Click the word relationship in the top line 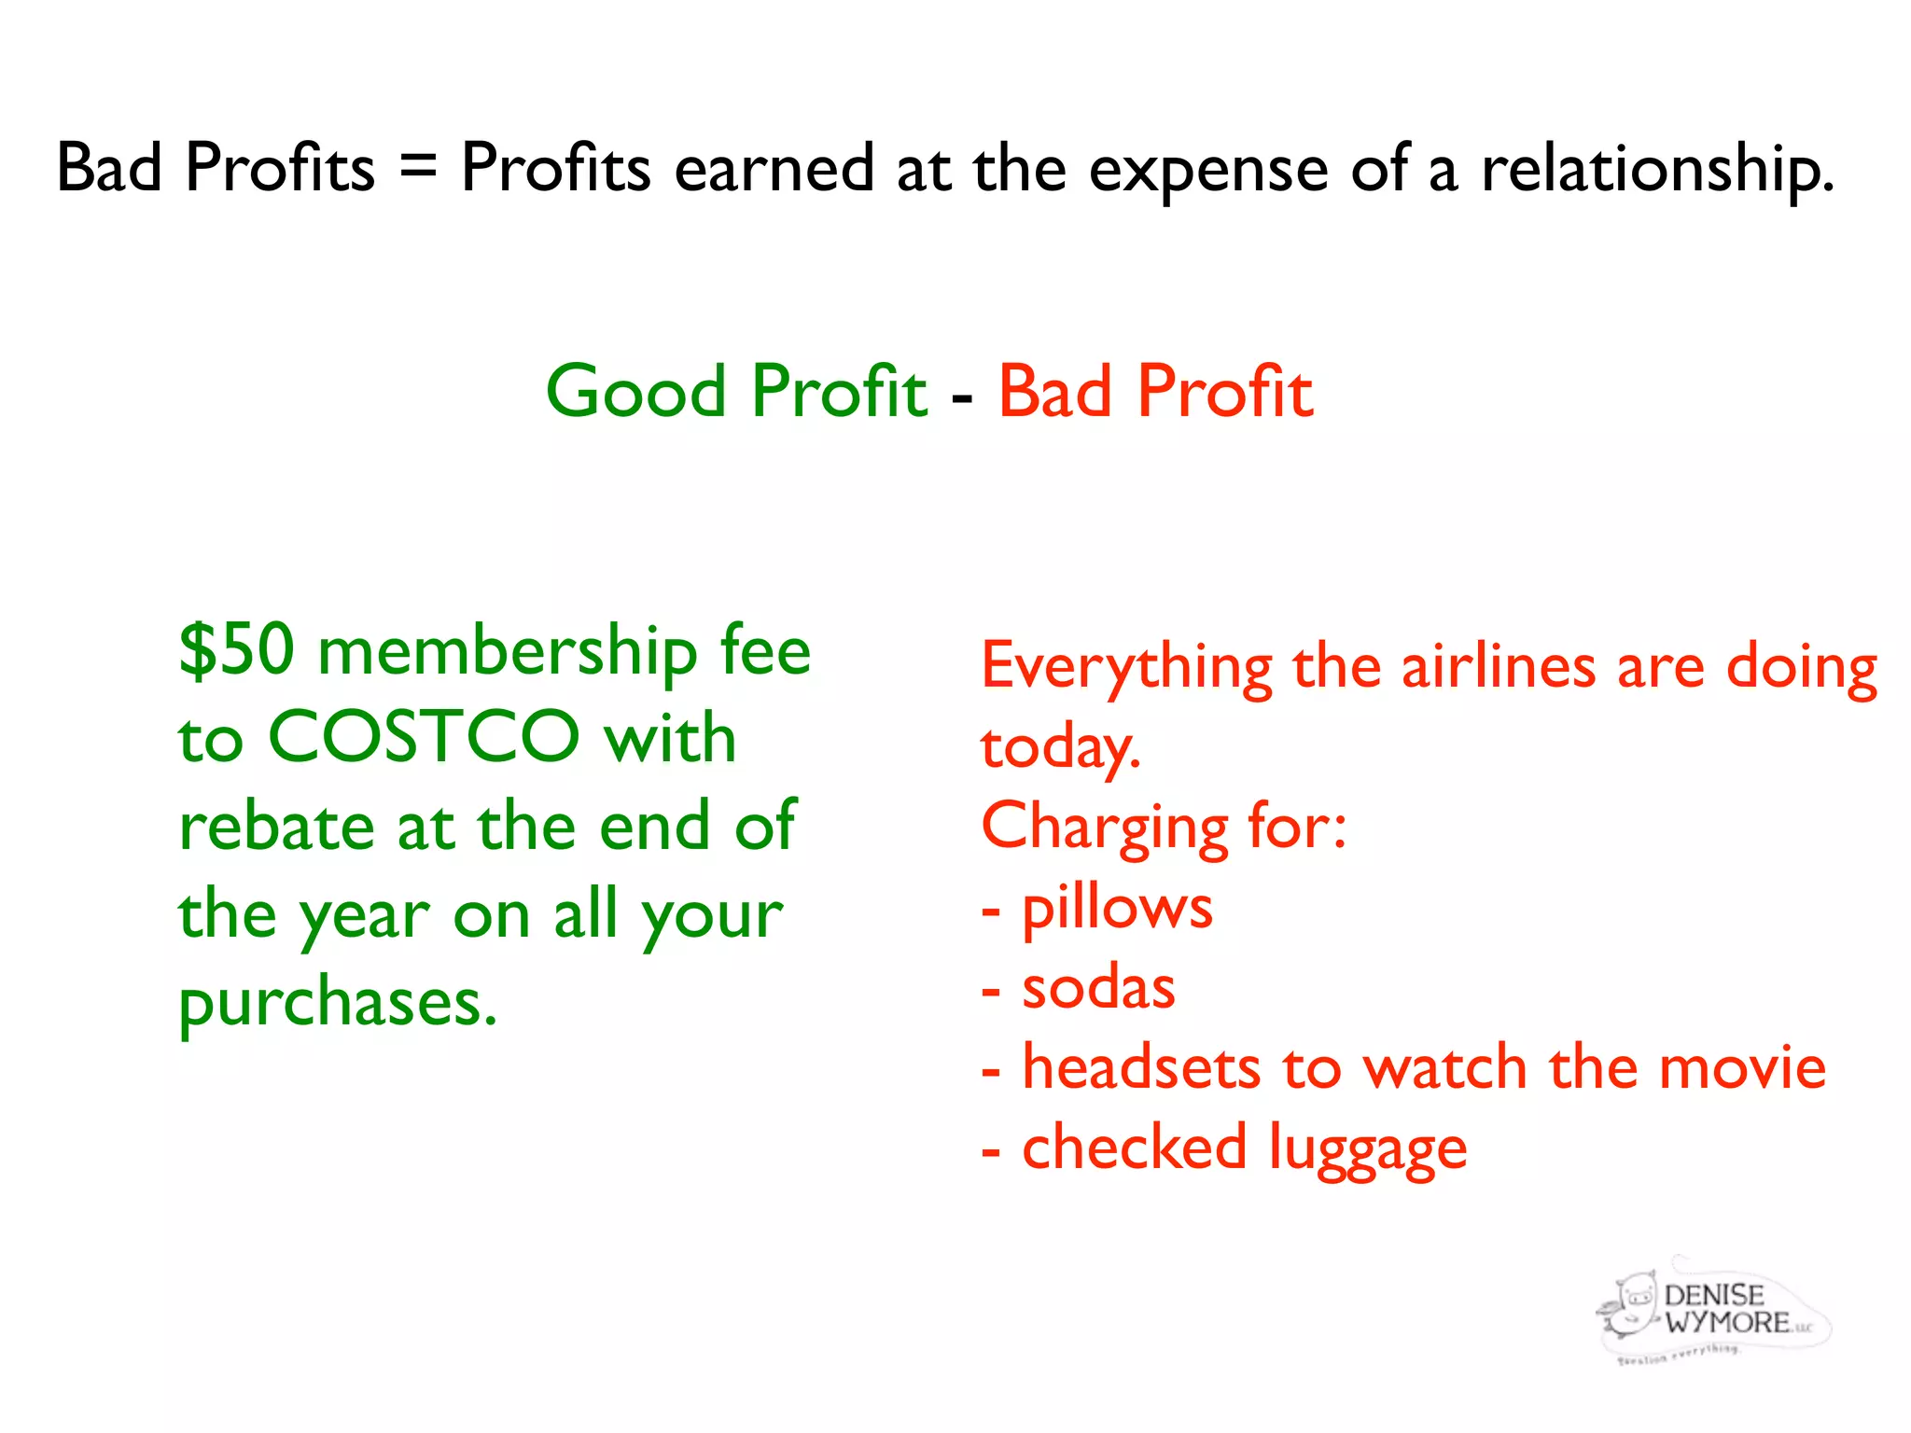pyautogui.click(x=1657, y=170)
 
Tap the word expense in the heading pyautogui.click(x=1208, y=170)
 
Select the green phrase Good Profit pyautogui.click(x=736, y=391)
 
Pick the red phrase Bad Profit pyautogui.click(x=1155, y=391)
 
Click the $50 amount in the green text pyautogui.click(x=237, y=650)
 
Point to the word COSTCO pyautogui.click(x=424, y=737)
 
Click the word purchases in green pyautogui.click(x=337, y=1004)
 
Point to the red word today pyautogui.click(x=1060, y=748)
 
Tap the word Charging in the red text pyautogui.click(x=1105, y=828)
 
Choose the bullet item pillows pyautogui.click(x=1117, y=908)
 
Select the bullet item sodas pyautogui.click(x=1098, y=987)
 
